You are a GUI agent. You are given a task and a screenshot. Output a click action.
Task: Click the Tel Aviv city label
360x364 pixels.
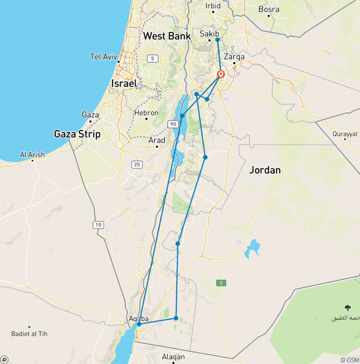point(103,57)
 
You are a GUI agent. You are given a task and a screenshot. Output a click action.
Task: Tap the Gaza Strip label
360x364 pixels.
point(77,134)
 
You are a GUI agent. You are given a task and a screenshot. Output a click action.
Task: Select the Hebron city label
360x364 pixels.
point(146,113)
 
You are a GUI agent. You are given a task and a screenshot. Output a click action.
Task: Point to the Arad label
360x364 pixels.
point(157,140)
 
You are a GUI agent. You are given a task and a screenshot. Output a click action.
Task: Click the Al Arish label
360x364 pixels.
point(32,154)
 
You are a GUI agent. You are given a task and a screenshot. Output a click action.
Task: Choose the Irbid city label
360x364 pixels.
point(213,6)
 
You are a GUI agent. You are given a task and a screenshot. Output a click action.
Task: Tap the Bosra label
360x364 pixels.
point(269,9)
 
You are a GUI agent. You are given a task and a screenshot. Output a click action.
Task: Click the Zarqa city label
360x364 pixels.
point(234,57)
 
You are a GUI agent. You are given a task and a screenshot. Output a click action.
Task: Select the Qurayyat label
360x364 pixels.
point(345,134)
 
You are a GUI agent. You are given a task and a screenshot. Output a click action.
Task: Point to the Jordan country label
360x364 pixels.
point(265,170)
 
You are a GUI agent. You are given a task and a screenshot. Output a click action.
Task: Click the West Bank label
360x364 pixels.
point(167,36)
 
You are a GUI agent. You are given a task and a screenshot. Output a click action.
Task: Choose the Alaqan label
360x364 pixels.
point(173,357)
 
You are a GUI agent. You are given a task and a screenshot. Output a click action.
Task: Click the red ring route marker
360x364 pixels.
point(221,74)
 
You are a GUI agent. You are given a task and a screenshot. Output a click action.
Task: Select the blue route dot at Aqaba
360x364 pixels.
point(139,324)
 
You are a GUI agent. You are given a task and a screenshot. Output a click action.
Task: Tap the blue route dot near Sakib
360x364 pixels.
point(217,40)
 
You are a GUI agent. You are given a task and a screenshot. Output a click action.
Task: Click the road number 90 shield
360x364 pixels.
point(173,124)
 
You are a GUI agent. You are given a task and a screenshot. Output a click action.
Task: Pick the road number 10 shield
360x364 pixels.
point(98,225)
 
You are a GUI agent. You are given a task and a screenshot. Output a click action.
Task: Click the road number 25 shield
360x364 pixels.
point(137,164)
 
